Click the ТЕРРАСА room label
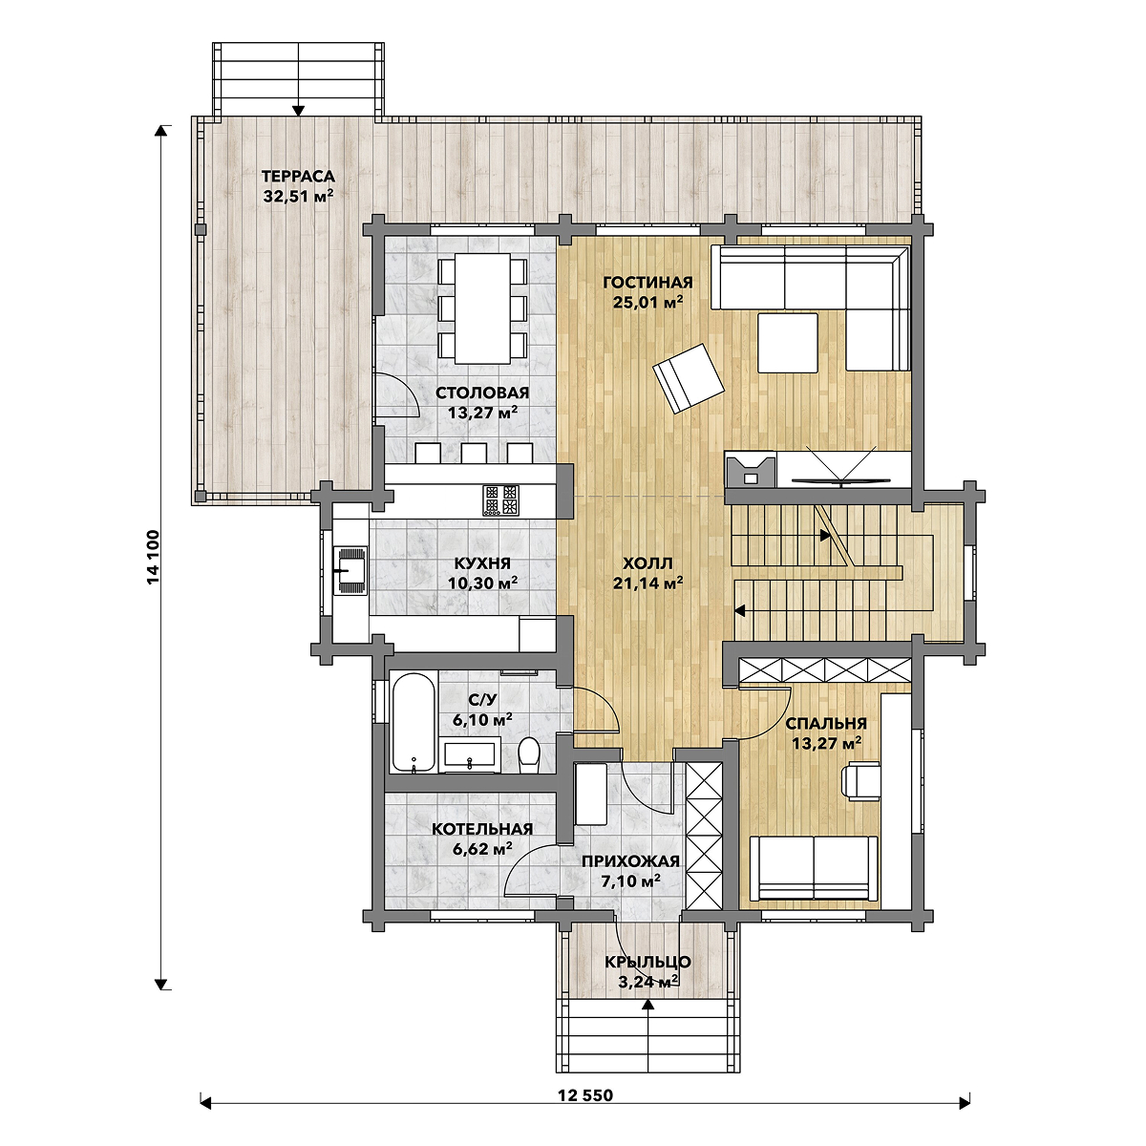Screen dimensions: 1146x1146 pos(298,177)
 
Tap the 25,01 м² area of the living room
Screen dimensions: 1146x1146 pos(647,302)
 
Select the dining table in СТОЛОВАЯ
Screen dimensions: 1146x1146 pos(482,308)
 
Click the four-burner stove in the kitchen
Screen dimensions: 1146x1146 pos(500,499)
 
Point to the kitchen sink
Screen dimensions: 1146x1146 pos(350,570)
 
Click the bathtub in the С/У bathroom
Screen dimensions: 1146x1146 pos(414,722)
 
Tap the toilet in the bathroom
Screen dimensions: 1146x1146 pos(528,755)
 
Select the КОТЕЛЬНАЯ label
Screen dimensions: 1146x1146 pos(481,829)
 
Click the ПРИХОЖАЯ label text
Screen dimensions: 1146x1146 pos(630,861)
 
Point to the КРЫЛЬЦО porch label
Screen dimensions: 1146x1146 pos(647,962)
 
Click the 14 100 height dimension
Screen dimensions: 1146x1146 pos(154,557)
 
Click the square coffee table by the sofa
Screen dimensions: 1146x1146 pos(787,343)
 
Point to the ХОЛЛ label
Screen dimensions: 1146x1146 pos(647,562)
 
